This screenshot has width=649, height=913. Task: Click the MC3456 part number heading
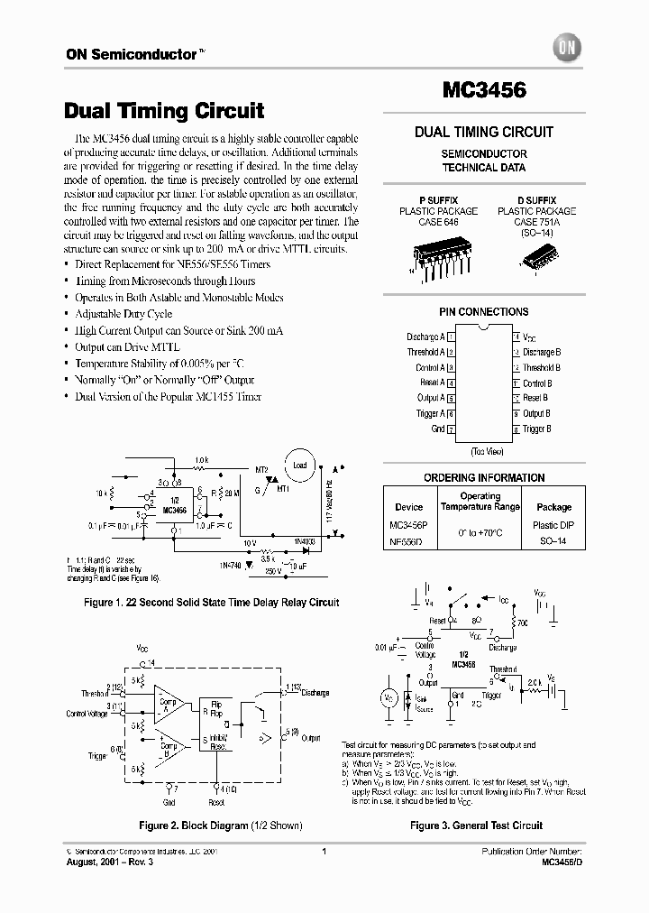[483, 91]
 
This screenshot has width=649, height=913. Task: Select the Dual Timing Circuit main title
[164, 111]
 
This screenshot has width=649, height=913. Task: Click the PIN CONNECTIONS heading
[483, 312]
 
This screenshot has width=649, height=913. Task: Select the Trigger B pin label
[542, 429]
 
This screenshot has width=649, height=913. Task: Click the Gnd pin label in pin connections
[437, 429]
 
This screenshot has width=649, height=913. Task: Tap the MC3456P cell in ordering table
[410, 525]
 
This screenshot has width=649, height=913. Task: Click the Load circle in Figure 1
[299, 465]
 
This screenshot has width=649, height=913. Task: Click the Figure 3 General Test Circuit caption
[476, 825]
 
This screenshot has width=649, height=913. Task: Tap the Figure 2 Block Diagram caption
[220, 825]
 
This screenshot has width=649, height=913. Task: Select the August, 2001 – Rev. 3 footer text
[105, 862]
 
